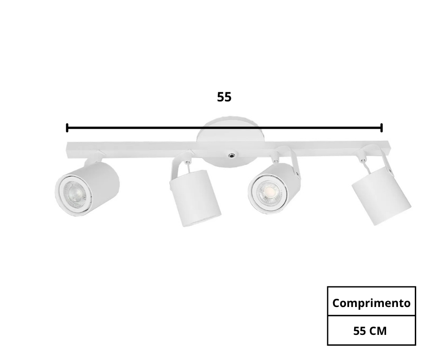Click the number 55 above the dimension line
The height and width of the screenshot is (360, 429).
[x=224, y=97]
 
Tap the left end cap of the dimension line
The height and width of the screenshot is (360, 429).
[x=67, y=127]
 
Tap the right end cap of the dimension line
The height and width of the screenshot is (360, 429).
[x=381, y=127]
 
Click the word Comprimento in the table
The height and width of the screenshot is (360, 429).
[x=371, y=303]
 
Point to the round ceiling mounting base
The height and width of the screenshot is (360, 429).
[x=230, y=137]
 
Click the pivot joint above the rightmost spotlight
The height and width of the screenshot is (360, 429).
[x=362, y=160]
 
